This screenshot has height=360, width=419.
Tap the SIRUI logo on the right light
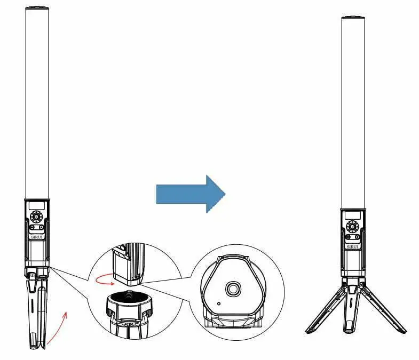tap(353, 246)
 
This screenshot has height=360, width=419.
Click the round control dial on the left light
tap(37, 217)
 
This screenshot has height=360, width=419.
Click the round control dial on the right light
tap(352, 227)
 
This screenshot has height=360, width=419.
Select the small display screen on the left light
tap(36, 205)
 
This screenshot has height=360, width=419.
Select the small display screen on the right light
tap(352, 215)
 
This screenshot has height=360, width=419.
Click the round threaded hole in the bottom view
tap(233, 289)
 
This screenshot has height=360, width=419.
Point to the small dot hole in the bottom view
tap(219, 303)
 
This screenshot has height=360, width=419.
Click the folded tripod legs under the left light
tap(37, 309)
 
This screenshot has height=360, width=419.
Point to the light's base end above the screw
tap(128, 266)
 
